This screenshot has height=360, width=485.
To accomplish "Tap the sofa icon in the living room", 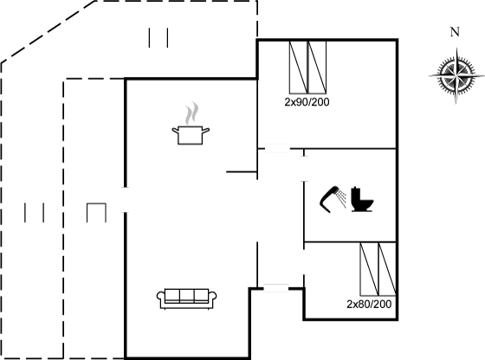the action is tap(187, 299).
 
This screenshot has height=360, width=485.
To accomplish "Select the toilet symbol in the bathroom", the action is tap(362, 199).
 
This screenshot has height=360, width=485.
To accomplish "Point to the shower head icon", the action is tap(333, 199).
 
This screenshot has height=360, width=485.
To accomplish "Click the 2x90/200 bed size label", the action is tap(307, 102).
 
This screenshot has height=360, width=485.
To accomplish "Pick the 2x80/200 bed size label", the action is tap(369, 305).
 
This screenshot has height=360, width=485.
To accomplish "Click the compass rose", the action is tap(456, 75).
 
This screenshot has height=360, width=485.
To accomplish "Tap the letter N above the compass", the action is tap(455, 32).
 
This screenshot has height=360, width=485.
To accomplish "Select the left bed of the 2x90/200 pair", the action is tap(299, 67).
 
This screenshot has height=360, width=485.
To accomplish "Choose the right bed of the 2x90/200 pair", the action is tap(317, 67).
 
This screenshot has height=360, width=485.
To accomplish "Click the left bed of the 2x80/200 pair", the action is tap(369, 269).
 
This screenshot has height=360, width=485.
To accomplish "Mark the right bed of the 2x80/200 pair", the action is tap(387, 269).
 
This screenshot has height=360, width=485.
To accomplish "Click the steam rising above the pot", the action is tap(191, 113).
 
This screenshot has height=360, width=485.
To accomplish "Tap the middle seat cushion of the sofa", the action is tap(187, 295).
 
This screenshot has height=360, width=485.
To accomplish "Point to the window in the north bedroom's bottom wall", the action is tap(277, 149).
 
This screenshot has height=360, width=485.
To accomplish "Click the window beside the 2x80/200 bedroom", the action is tap(276, 288).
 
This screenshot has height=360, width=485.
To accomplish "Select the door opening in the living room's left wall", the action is tap(126, 200).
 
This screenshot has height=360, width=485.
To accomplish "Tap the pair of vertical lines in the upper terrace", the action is tap(158, 38).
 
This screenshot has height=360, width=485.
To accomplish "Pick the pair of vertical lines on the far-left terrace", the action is tap(35, 213).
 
